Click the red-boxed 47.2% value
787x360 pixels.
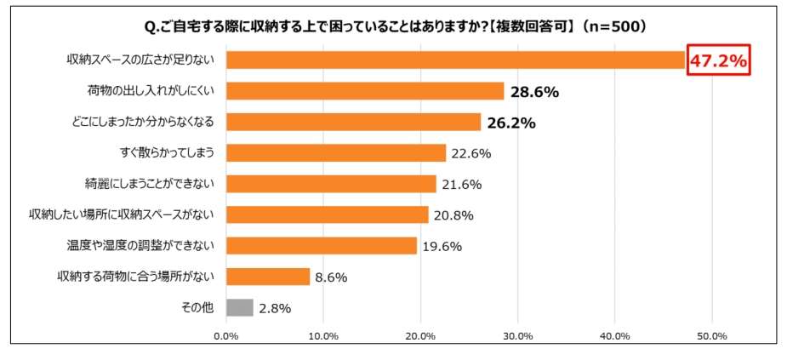pyautogui.click(x=718, y=60)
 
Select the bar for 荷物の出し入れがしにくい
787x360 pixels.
pyautogui.click(x=365, y=91)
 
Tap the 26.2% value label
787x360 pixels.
pyautogui.click(x=510, y=123)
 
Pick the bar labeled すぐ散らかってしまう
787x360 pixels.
pyautogui.click(x=336, y=153)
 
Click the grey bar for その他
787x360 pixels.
pyautogui.click(x=240, y=307)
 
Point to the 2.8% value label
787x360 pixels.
pyautogui.click(x=274, y=308)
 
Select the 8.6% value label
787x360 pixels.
pyautogui.click(x=331, y=277)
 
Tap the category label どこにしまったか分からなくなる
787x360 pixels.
pyautogui.click(x=143, y=122)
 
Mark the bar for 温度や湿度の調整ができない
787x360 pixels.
pyautogui.click(x=322, y=246)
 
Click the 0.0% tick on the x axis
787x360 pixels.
pyautogui.click(x=225, y=335)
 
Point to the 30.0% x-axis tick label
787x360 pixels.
pyautogui.click(x=518, y=335)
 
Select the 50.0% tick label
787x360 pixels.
pyautogui.click(x=712, y=335)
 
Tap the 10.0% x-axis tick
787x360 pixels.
pyautogui.click(x=323, y=335)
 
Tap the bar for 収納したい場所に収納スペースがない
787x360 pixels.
pyautogui.click(x=328, y=214)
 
